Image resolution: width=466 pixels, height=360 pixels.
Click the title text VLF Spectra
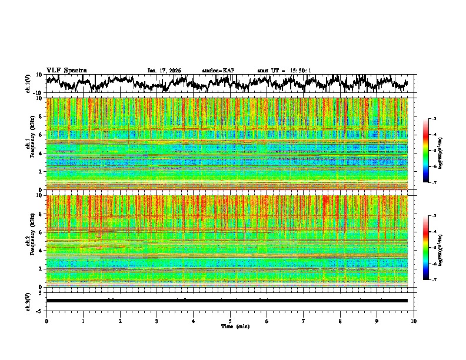tap(66, 71)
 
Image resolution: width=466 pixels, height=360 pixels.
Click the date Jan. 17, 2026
tap(164, 71)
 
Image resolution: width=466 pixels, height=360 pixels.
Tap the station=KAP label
tap(218, 71)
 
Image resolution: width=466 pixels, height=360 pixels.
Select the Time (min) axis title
tap(235, 326)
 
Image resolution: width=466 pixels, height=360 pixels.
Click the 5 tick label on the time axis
tap(230, 321)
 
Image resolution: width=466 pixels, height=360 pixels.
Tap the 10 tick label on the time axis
tap(414, 321)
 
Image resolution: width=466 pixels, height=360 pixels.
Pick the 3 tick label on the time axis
tap(157, 321)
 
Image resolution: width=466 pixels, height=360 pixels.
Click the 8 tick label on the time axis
tap(340, 321)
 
